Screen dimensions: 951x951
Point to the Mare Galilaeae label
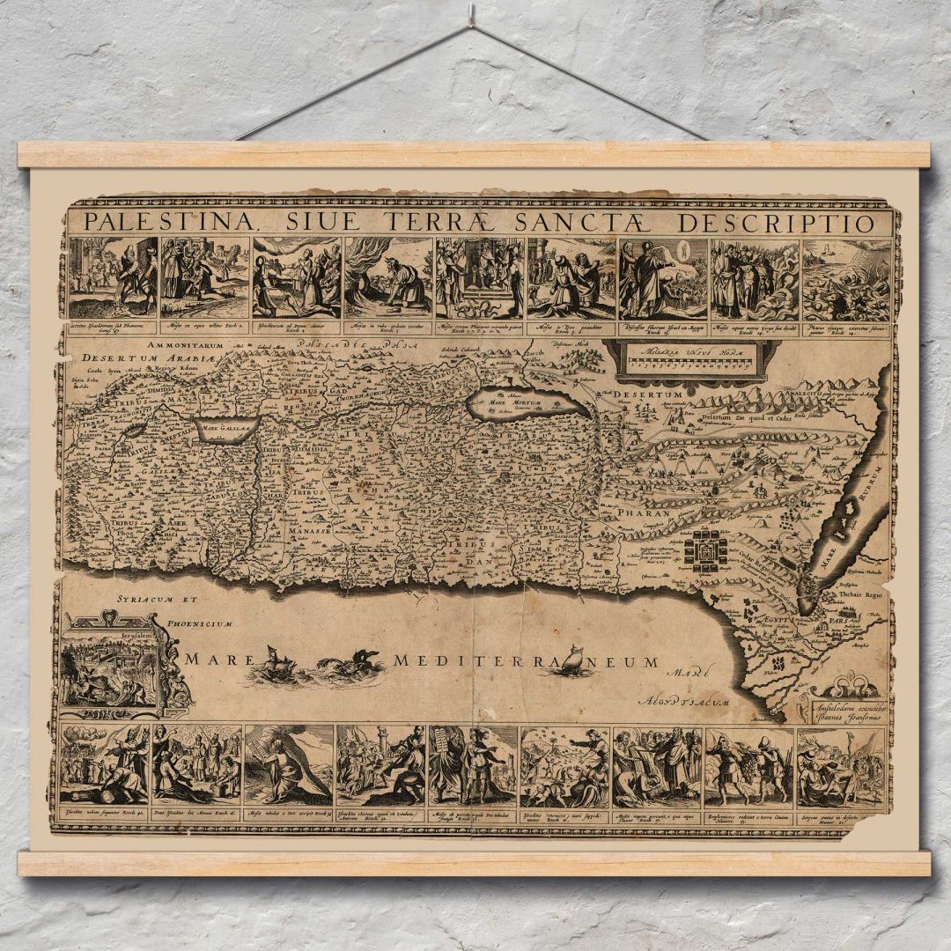tap(225, 429)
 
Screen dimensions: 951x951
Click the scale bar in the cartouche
tap(691, 363)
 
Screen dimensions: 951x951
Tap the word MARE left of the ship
tap(209, 659)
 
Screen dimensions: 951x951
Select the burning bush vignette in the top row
tap(387, 278)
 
